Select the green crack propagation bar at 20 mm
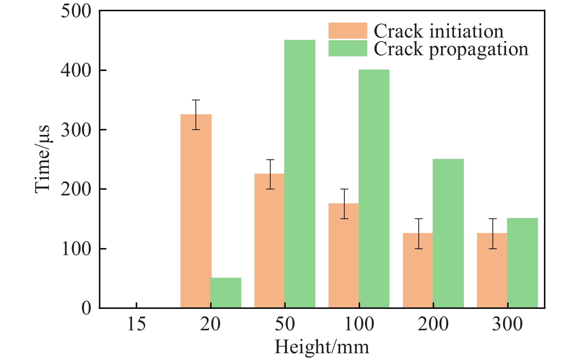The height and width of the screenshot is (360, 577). coord(226,293)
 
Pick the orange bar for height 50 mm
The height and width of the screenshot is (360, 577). coord(270,241)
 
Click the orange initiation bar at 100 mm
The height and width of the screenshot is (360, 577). coord(344,256)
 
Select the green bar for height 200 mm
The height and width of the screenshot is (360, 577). coord(448,233)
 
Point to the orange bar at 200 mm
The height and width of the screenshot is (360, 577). coord(418,271)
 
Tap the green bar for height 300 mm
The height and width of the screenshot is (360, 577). coord(522,263)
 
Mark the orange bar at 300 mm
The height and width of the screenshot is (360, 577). coord(492,271)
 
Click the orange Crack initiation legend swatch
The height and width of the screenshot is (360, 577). coord(347,31)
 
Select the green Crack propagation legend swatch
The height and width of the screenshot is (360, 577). coord(347,48)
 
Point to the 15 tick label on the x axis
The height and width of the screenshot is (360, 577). coord(136,324)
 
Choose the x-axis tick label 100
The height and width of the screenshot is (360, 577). coord(359,324)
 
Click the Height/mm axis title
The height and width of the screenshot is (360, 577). coord(322,346)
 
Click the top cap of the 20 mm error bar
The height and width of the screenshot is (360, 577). coord(196,100)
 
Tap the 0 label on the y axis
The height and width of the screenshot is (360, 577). coord(86,308)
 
